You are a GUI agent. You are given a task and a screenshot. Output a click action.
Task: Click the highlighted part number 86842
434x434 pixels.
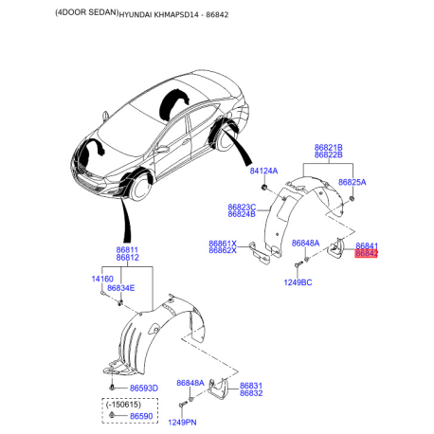(x=366, y=253)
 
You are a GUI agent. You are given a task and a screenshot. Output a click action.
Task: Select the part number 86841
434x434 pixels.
(x=367, y=245)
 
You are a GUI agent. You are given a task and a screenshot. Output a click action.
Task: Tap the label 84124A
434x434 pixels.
(x=263, y=171)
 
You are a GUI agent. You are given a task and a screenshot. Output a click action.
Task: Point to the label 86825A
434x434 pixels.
(x=352, y=182)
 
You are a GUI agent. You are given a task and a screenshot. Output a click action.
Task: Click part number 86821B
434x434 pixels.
(x=329, y=148)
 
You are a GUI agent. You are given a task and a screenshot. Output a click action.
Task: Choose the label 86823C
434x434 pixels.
(x=242, y=208)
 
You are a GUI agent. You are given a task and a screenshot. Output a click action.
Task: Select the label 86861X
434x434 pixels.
(x=223, y=244)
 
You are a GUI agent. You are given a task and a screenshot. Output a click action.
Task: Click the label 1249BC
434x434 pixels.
(x=298, y=282)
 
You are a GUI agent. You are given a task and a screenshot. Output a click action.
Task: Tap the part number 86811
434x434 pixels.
(x=127, y=250)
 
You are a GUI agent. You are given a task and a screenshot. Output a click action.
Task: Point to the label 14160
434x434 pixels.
(x=102, y=279)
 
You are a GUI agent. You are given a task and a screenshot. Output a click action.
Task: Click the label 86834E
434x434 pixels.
(x=121, y=288)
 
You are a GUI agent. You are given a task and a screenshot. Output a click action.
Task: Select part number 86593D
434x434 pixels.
(x=144, y=389)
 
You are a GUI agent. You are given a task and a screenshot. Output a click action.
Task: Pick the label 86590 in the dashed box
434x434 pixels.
(x=141, y=416)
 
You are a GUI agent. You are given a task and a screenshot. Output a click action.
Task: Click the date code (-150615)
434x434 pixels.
(x=123, y=405)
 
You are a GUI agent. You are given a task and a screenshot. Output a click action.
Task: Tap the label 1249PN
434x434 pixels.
(x=182, y=423)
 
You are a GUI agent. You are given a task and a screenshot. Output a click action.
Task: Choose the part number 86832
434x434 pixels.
(x=251, y=393)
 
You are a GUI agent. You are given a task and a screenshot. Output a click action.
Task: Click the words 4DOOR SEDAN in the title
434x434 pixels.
(x=87, y=12)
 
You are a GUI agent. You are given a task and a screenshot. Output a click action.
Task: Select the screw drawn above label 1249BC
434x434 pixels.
(x=298, y=264)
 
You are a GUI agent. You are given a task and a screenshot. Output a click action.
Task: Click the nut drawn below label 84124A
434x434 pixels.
(x=264, y=189)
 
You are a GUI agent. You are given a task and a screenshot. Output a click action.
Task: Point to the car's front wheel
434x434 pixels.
(x=141, y=188)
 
